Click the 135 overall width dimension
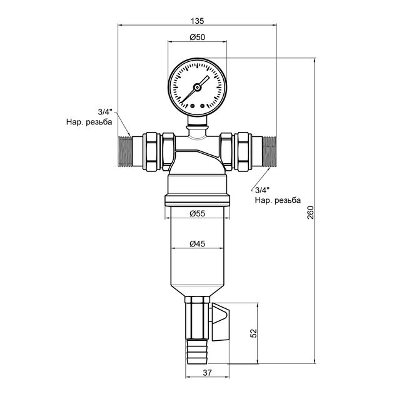point(198,19)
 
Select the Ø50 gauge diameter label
point(198,38)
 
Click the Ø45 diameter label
point(198,244)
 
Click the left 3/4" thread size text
point(105,113)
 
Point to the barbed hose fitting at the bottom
point(193,350)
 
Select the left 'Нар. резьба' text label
point(88,123)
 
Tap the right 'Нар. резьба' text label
point(278,201)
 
